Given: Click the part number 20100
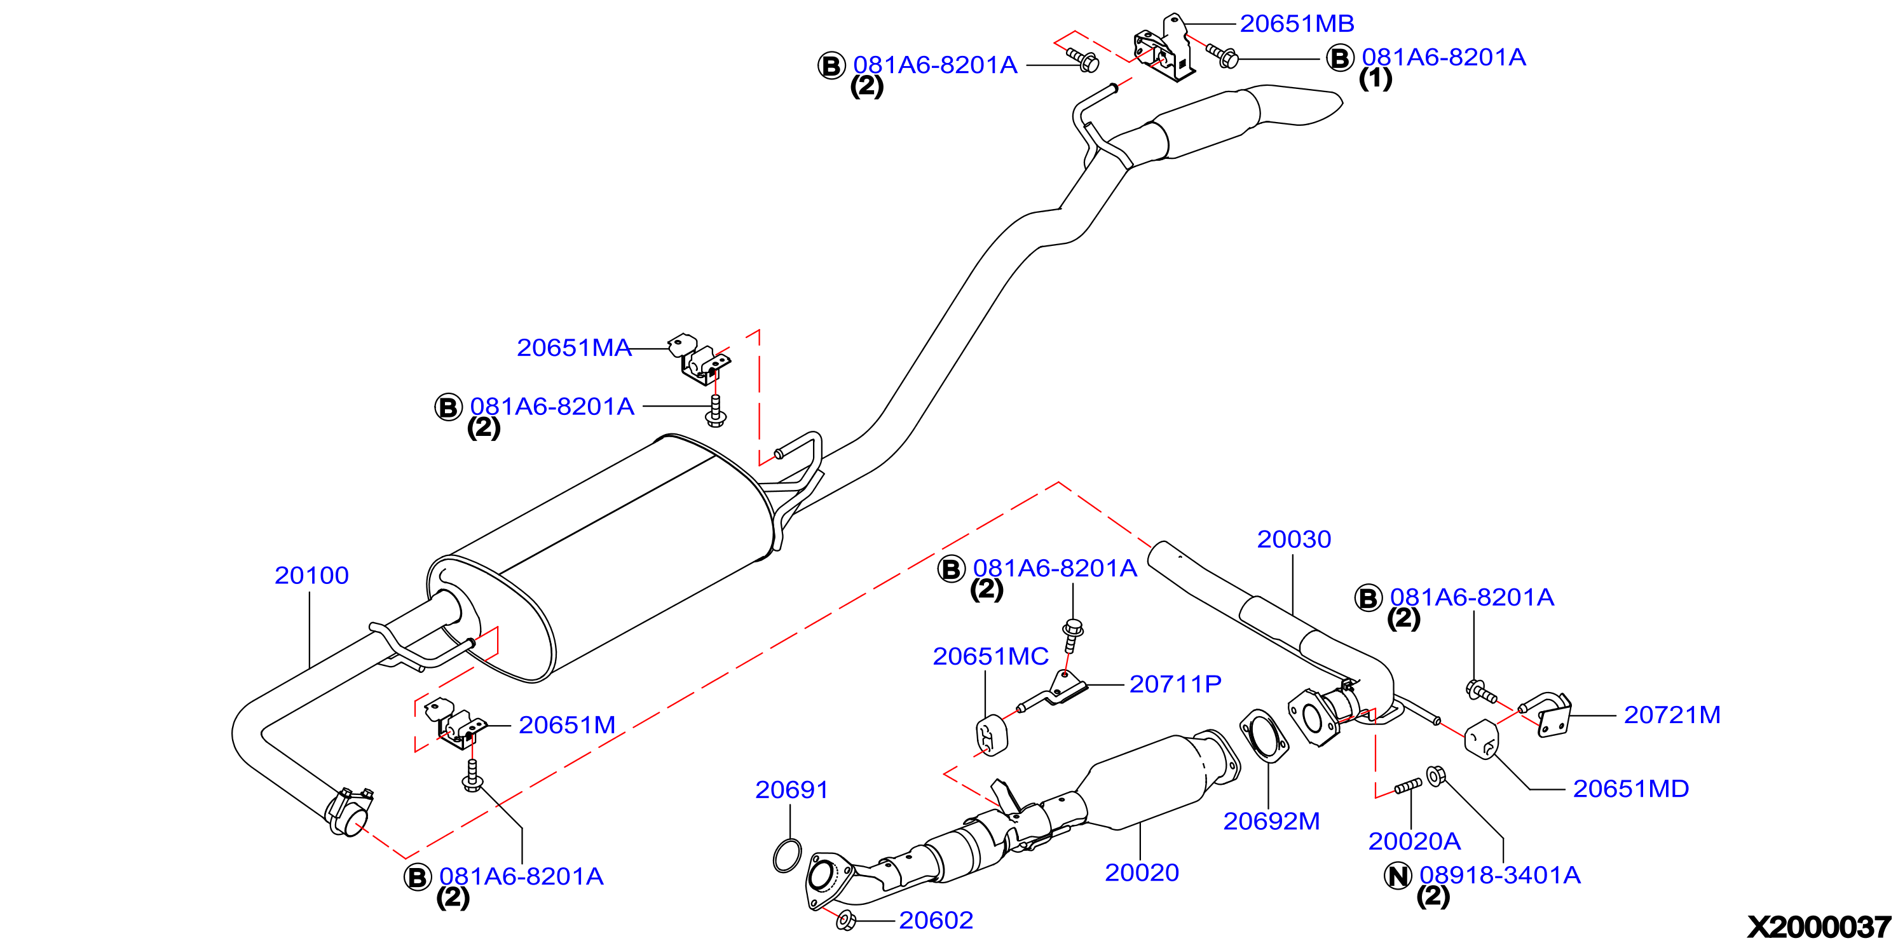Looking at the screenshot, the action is click(311, 575).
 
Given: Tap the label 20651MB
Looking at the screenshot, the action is click(1297, 24).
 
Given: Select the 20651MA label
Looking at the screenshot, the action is click(574, 348).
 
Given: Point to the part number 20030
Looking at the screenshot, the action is click(1294, 539).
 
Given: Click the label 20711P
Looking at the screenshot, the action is click(1175, 684).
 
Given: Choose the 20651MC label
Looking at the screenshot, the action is click(990, 656).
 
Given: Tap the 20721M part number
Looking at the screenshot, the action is click(1672, 715).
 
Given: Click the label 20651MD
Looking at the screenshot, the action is click(1630, 789).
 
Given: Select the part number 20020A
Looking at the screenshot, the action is click(1414, 841).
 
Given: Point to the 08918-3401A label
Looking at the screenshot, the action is click(1499, 875).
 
